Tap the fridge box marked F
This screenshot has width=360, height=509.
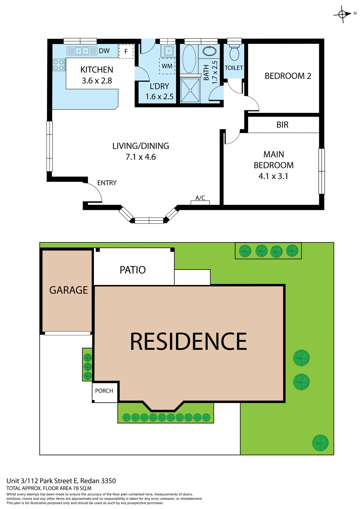(126, 51)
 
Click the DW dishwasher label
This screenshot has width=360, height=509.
(104, 51)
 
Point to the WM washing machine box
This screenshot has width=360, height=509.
(167, 66)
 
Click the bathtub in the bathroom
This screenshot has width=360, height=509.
(189, 59)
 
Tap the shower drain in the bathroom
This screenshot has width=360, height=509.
(190, 90)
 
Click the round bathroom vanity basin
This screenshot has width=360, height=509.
(209, 51)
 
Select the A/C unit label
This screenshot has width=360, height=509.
(200, 198)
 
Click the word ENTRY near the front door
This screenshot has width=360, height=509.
(107, 183)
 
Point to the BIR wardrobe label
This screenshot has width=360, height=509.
(282, 125)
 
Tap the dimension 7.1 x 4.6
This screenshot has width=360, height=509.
(141, 157)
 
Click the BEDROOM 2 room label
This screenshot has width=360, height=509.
(288, 76)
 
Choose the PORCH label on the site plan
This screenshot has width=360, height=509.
(104, 391)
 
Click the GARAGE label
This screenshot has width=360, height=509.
(68, 290)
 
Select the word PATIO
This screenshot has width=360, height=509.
(133, 270)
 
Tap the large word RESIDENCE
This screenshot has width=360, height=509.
(188, 342)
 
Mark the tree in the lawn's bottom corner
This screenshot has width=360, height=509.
(320, 443)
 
